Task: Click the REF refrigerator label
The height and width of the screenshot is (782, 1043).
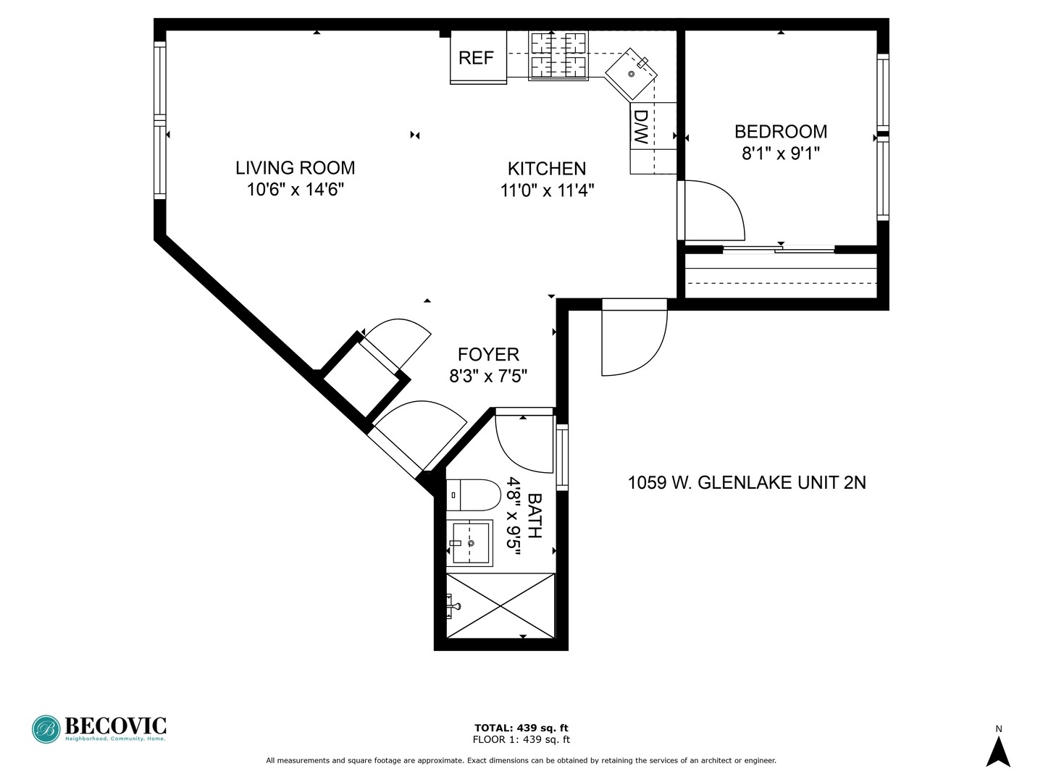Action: pyautogui.click(x=476, y=58)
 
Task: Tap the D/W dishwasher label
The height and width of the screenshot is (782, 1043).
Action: pyautogui.click(x=641, y=127)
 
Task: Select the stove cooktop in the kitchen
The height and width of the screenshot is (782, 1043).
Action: pyautogui.click(x=558, y=55)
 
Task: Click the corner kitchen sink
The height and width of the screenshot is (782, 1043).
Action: pyautogui.click(x=631, y=74)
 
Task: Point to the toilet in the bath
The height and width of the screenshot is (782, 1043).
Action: pyautogui.click(x=473, y=495)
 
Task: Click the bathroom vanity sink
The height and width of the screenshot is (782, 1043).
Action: pyautogui.click(x=470, y=543)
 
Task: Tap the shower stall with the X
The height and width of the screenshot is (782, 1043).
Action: pyautogui.click(x=500, y=606)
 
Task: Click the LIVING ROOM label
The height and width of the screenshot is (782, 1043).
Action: pyautogui.click(x=295, y=168)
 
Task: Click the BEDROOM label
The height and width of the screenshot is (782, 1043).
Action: pyautogui.click(x=781, y=132)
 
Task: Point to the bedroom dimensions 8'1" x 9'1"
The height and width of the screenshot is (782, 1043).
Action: pyautogui.click(x=781, y=154)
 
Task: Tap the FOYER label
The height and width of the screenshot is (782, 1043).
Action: pyautogui.click(x=488, y=355)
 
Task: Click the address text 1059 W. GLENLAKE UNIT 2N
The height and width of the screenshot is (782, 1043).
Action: pyautogui.click(x=747, y=483)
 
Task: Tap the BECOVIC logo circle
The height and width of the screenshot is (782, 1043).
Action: pyautogui.click(x=46, y=729)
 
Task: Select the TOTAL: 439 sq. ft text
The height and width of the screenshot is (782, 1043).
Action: pyautogui.click(x=521, y=728)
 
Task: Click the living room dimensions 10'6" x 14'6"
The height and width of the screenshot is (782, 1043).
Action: pyautogui.click(x=295, y=190)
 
